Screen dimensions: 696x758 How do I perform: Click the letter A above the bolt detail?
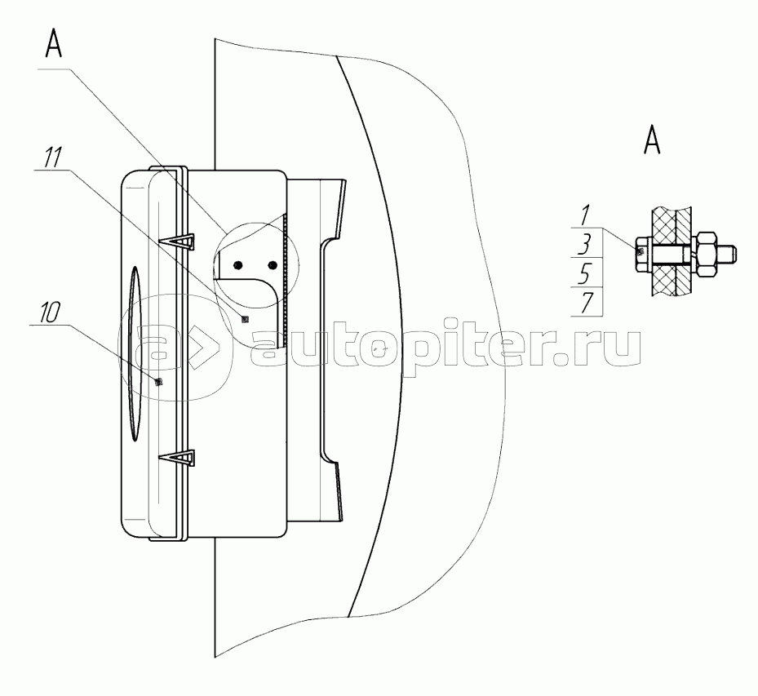point(652,141)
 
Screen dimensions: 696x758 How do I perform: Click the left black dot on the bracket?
point(237,264)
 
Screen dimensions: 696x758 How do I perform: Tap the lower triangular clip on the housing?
point(182,458)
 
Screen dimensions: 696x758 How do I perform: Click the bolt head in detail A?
point(641,251)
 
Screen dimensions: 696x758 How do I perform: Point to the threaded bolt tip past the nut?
point(731,254)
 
